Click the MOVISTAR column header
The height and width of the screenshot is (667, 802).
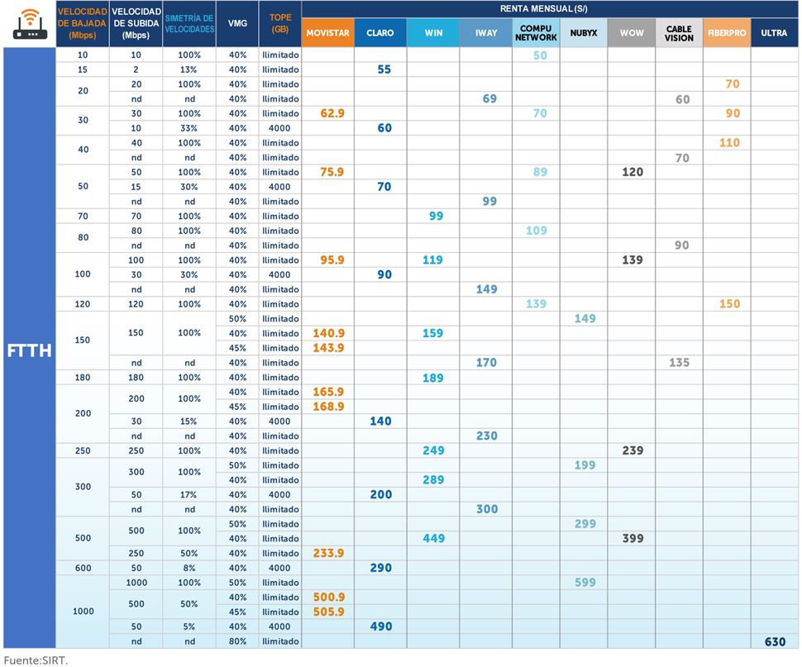coord(327,33)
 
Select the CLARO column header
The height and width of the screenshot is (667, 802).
coord(380,33)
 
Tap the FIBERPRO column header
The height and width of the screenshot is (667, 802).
coord(727,33)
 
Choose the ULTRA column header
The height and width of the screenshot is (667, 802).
coord(775,33)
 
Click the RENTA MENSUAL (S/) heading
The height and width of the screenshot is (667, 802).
coord(551,9)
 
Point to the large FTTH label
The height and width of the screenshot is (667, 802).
coord(29,350)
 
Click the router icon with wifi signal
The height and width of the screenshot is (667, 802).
coord(29,25)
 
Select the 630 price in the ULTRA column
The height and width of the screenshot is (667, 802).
coord(775,641)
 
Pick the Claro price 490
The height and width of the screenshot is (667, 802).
coord(381,627)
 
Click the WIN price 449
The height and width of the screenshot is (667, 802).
coord(433,539)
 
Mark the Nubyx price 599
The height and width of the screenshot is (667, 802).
coord(585,583)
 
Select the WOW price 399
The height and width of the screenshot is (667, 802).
coord(633,539)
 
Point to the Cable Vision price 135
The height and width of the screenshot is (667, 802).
coord(679,363)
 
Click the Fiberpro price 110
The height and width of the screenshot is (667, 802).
coord(729,143)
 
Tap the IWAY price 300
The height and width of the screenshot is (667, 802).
coord(487,509)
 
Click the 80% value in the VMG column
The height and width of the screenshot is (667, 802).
coord(238,641)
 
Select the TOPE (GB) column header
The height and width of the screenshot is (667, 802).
coord(280,24)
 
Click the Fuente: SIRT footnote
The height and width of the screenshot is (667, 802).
coord(36,660)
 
